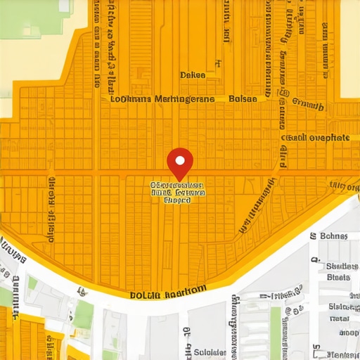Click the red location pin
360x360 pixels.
[180, 163]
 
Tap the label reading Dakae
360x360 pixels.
[192, 75]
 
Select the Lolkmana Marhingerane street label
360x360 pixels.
[162, 99]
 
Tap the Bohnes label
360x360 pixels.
[334, 236]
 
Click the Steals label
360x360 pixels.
[339, 277]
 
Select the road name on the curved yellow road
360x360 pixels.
[168, 291]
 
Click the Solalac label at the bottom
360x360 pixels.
[210, 352]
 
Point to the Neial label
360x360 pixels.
[340, 319]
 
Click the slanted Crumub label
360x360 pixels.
[307, 106]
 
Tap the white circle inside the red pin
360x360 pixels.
[180, 158]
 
